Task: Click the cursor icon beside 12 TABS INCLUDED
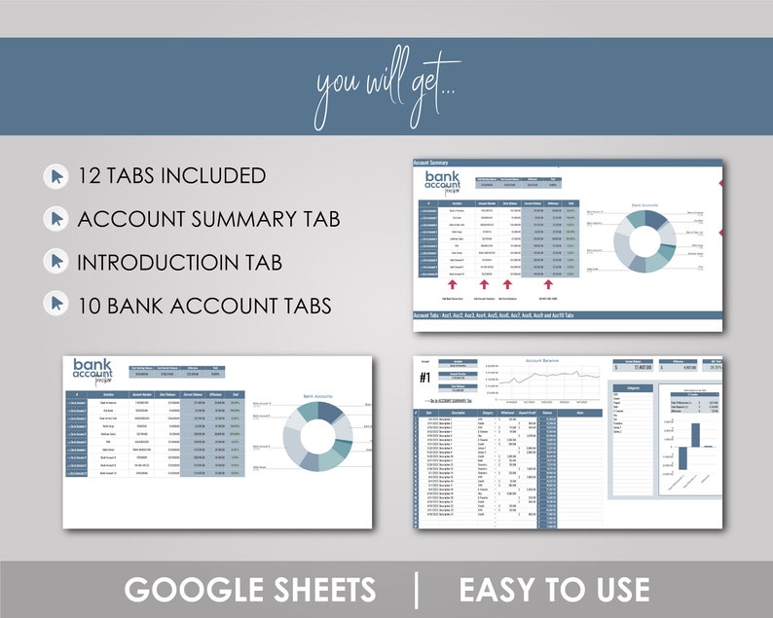pos(56,176)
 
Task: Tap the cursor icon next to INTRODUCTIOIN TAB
pos(56,262)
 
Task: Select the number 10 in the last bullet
pos(92,306)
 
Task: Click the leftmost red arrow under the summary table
pos(454,285)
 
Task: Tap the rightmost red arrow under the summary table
pos(550,285)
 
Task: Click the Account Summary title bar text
pos(436,163)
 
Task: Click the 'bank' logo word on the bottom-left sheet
pos(92,365)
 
